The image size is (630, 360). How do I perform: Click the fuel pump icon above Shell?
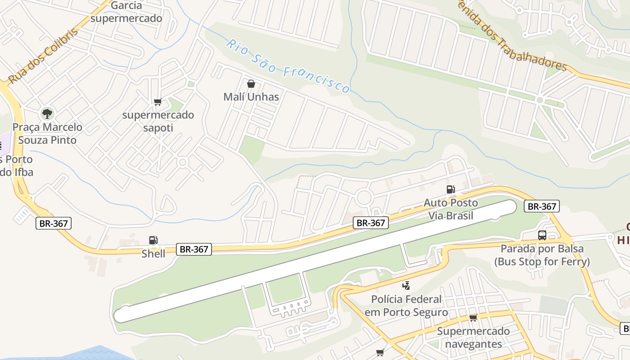(x=153, y=240)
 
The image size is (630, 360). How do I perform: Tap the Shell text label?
(x=153, y=254)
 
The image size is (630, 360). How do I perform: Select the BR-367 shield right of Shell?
(x=193, y=249)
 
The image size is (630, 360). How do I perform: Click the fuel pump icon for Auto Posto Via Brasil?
(x=450, y=189)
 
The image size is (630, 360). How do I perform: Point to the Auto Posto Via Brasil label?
(x=450, y=209)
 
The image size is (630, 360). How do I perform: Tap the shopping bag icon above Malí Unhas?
(x=251, y=84)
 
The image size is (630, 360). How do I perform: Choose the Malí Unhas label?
(x=251, y=97)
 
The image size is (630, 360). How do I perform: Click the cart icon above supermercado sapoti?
(x=157, y=102)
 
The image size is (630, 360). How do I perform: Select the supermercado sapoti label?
(x=158, y=121)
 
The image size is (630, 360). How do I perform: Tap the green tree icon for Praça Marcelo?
(x=47, y=113)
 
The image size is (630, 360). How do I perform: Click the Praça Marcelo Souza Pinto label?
(x=47, y=134)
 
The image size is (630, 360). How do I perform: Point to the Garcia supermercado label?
(x=126, y=12)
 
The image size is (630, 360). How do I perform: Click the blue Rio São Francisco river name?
(x=288, y=66)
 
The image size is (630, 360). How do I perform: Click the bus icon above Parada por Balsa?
(x=542, y=235)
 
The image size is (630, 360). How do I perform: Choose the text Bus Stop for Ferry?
(x=542, y=261)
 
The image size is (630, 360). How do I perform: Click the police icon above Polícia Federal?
(x=406, y=285)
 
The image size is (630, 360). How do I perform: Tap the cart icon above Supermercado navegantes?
(x=473, y=318)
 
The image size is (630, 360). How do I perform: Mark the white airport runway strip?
(x=315, y=261)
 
